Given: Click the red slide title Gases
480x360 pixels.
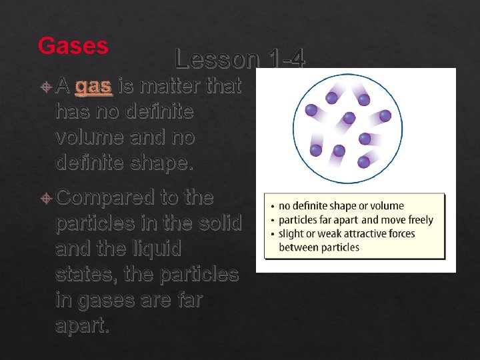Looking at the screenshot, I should [x=73, y=45].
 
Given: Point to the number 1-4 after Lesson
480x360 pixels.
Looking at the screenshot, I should [x=284, y=59].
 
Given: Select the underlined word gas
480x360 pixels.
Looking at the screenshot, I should [x=93, y=86].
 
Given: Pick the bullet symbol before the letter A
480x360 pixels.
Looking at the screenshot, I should [x=45, y=87].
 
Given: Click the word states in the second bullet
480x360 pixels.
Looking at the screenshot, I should [x=85, y=273].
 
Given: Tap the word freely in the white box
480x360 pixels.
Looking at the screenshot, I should [x=416, y=220].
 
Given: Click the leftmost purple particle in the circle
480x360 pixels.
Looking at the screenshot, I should [x=310, y=109].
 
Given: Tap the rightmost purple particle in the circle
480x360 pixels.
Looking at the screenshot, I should [x=385, y=115].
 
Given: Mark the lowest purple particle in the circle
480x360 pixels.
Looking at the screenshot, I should [x=363, y=161].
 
